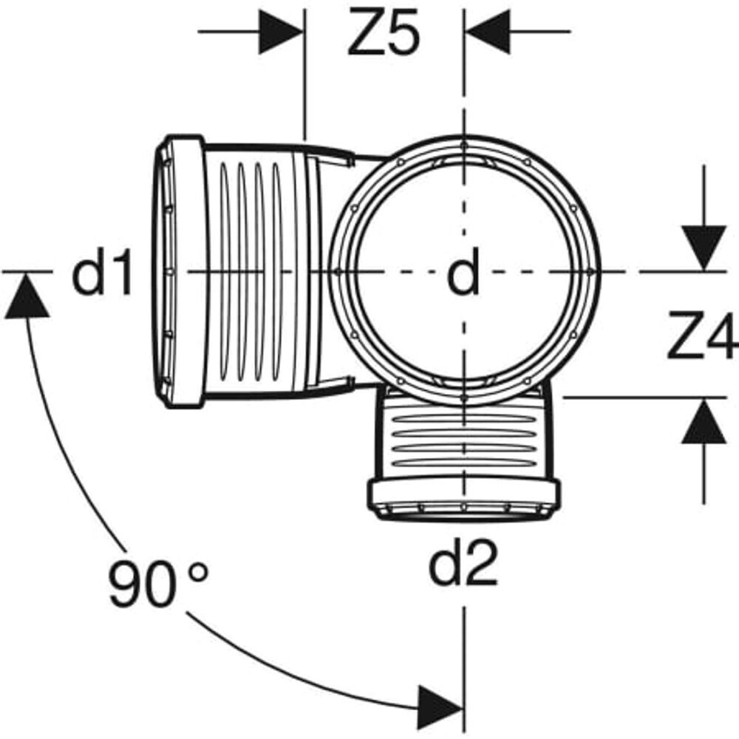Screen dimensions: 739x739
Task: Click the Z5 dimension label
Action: pos(384,33)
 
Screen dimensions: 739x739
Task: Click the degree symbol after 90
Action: pos(198,571)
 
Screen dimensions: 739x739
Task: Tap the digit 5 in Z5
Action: pos(403,33)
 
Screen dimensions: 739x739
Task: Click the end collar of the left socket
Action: pos(182,272)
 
